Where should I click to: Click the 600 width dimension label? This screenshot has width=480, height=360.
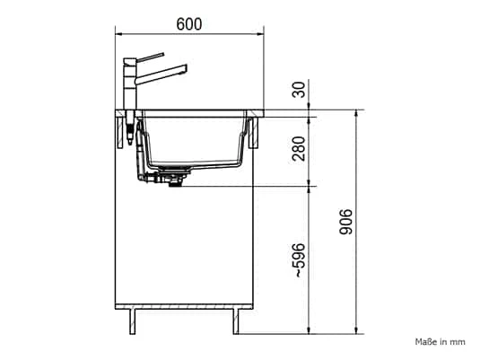[189, 24]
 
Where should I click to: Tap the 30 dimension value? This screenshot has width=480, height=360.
[299, 90]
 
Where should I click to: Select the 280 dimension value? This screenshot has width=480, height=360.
[299, 149]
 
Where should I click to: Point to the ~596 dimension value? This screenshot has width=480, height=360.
[299, 260]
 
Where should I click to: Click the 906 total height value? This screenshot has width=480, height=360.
[346, 222]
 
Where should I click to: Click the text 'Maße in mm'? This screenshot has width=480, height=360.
[440, 342]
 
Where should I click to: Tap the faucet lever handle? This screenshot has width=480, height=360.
[150, 57]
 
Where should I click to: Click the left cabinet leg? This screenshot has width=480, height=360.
[132, 321]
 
